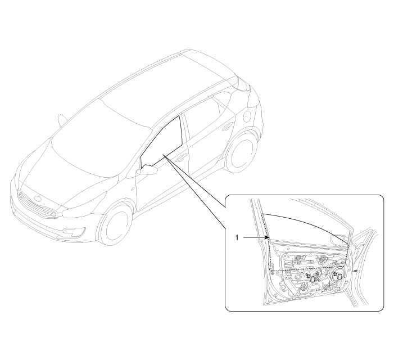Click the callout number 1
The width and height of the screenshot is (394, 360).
click(x=237, y=237)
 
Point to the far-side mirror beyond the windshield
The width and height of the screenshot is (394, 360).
click(x=62, y=120)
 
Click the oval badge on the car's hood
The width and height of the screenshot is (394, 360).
click(x=38, y=198)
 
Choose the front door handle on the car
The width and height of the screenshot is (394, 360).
click(x=181, y=157)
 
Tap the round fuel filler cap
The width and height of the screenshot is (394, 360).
click(x=247, y=115)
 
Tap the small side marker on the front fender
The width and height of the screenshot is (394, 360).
click(x=133, y=188)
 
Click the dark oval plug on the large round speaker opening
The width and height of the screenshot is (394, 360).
click(x=339, y=277)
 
